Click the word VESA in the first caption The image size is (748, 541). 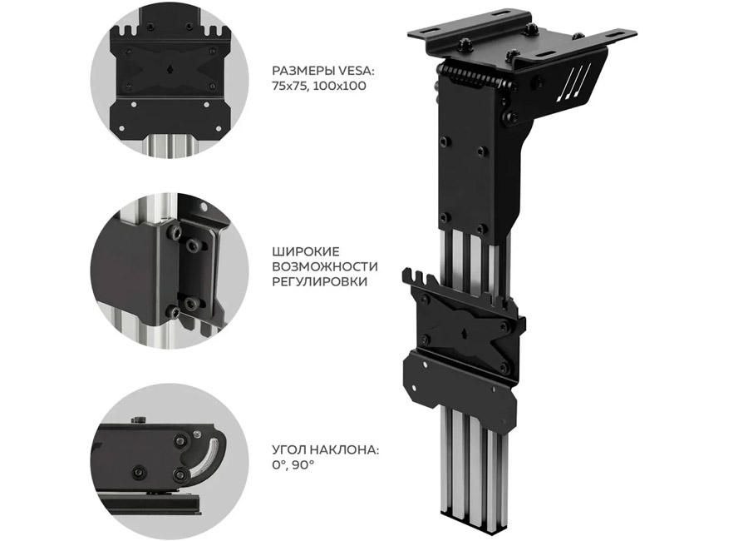click(357, 72)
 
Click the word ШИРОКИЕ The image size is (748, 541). click(306, 251)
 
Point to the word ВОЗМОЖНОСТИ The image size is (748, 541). click(325, 266)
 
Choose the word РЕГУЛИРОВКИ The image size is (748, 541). click(320, 281)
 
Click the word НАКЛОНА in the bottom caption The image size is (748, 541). click(344, 449)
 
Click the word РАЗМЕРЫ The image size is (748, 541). click(303, 72)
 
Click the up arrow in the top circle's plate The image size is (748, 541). click(170, 68)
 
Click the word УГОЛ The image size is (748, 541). click(289, 449)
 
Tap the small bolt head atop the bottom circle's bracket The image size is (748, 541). click(139, 420)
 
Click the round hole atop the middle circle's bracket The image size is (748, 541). click(204, 208)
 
